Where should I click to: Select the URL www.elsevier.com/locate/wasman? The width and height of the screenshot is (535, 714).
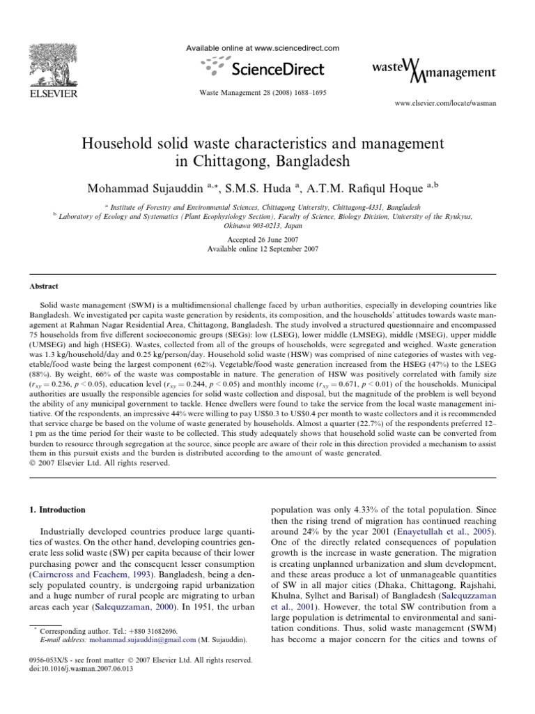coord(445,102)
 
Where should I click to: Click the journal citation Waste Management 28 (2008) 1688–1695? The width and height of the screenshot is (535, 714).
coord(263,92)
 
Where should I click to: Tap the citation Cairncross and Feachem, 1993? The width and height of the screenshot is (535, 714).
coord(91,575)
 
